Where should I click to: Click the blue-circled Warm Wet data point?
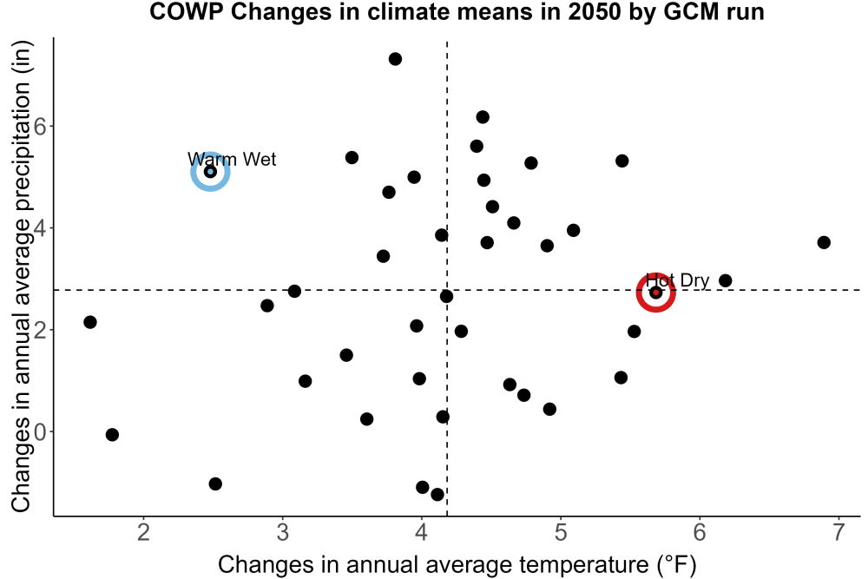pyautogui.click(x=210, y=172)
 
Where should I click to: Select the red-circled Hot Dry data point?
pyautogui.click(x=656, y=293)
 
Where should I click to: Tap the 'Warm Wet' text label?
pyautogui.click(x=232, y=160)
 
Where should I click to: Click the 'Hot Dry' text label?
pyautogui.click(x=678, y=280)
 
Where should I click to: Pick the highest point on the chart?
pyautogui.click(x=395, y=59)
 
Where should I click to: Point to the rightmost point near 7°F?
pyautogui.click(x=824, y=242)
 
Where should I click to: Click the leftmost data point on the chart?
pyautogui.click(x=90, y=321)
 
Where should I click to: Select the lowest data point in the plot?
pyautogui.click(x=437, y=494)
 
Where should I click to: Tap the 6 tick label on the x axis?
pyautogui.click(x=700, y=532)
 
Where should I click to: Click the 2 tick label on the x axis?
pyautogui.click(x=144, y=532)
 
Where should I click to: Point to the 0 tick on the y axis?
pyautogui.click(x=41, y=431)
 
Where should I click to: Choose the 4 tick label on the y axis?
pyautogui.click(x=41, y=228)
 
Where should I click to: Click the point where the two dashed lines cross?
pyautogui.click(x=447, y=290)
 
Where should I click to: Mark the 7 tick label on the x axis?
pyautogui.click(x=838, y=532)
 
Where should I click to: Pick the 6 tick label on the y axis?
pyautogui.click(x=41, y=126)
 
